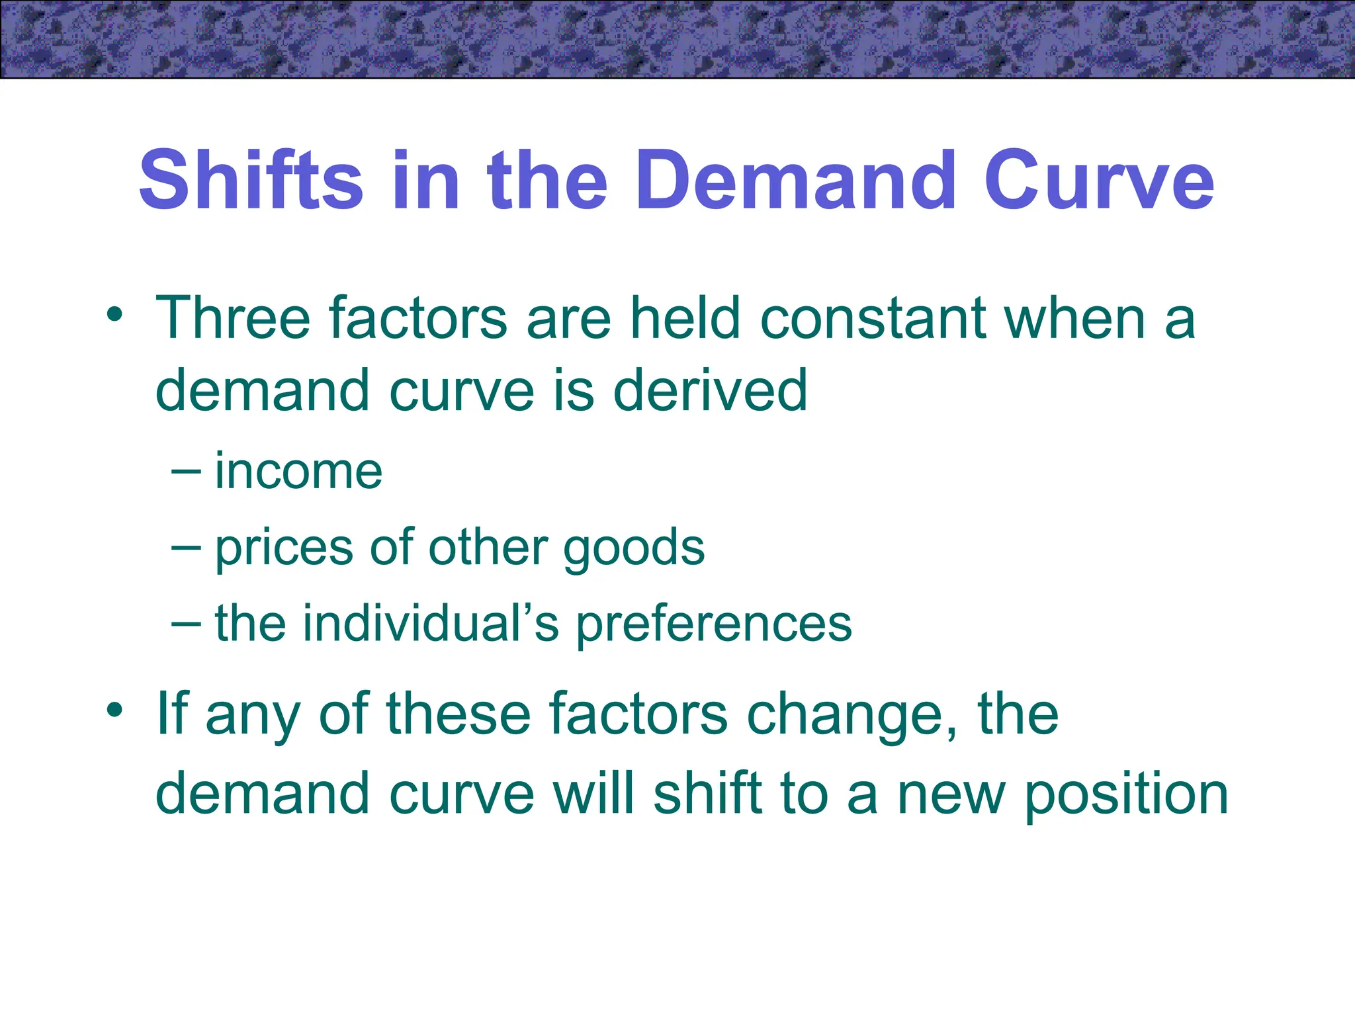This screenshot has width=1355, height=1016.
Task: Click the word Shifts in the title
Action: [x=251, y=180]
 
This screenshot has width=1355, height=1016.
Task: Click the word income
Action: [x=298, y=471]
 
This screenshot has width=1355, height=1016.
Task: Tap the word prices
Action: [x=284, y=548]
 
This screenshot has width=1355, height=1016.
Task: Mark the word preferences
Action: [x=714, y=623]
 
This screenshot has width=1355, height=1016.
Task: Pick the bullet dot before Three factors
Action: [x=114, y=314]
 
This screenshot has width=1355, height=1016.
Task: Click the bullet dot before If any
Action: [x=114, y=710]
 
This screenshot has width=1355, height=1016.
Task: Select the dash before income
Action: [x=185, y=471]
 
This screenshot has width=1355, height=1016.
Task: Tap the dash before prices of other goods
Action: [x=185, y=548]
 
